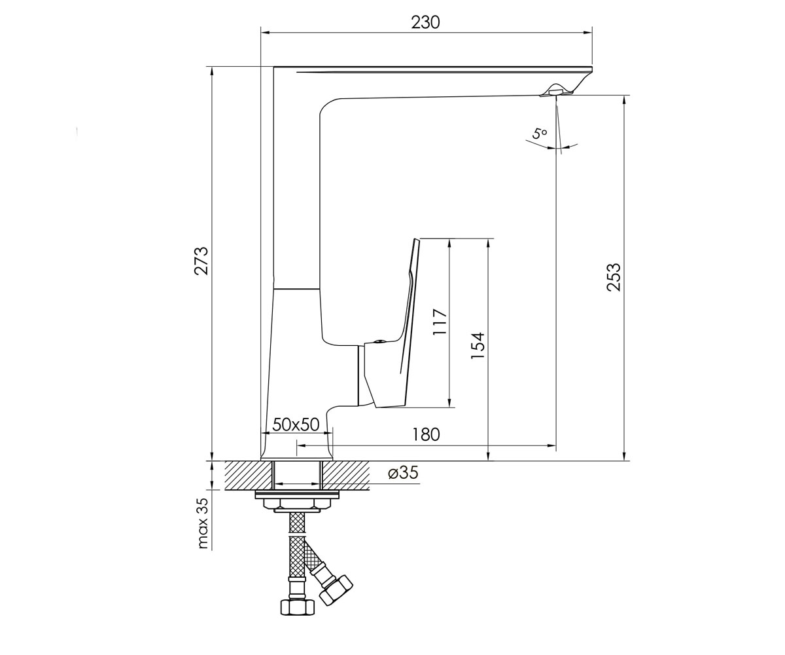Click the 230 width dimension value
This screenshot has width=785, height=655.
point(425,22)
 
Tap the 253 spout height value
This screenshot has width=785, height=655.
point(614,277)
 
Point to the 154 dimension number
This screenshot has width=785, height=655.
point(478,345)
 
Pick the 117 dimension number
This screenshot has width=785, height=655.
point(440,322)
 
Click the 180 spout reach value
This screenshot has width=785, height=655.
point(426,435)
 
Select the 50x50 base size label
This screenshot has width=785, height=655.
point(296,424)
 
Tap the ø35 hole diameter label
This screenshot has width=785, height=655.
point(404,472)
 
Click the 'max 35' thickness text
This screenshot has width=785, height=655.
point(202,523)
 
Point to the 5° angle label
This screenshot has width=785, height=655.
point(540,134)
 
